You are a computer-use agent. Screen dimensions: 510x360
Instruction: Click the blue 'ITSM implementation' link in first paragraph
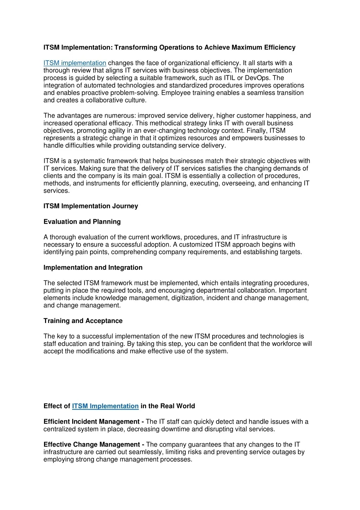pyautogui.click(x=75, y=63)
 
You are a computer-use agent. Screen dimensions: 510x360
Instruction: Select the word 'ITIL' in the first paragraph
pyautogui.click(x=229, y=78)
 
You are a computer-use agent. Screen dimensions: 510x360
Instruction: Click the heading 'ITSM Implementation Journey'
pyautogui.click(x=90, y=206)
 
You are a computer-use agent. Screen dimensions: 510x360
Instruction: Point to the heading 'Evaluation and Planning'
pyautogui.click(x=82, y=222)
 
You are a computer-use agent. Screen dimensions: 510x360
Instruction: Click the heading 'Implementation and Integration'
pyautogui.click(x=93, y=268)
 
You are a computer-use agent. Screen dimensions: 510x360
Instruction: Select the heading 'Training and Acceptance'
pyautogui.click(x=83, y=321)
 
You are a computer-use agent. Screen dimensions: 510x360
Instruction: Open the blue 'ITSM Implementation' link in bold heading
pyautogui.click(x=105, y=406)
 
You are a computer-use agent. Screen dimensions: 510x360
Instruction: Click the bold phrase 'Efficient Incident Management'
pyautogui.click(x=91, y=422)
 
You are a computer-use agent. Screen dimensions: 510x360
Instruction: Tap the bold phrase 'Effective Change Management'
pyautogui.click(x=91, y=445)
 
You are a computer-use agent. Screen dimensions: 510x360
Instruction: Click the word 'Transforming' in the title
pyautogui.click(x=136, y=48)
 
